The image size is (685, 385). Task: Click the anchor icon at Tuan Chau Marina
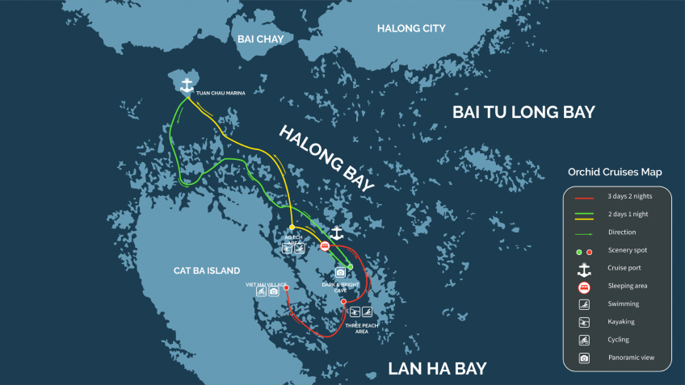187,85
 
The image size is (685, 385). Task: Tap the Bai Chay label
256,39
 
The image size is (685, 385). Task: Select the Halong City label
411,29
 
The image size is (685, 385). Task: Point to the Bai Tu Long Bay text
523,111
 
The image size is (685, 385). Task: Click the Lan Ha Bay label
437,369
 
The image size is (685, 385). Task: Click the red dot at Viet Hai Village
287,287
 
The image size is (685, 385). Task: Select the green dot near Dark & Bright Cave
350,266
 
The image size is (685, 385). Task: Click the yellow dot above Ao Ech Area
292,227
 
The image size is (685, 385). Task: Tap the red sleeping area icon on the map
325,246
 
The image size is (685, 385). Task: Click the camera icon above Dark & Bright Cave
340,273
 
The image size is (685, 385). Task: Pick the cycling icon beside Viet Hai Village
262,291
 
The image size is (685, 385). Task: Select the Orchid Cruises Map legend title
615,172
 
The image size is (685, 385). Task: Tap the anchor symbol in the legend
584,268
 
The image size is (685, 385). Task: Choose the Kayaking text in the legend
621,321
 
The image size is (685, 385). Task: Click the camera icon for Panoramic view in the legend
584,357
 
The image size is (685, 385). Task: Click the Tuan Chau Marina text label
220,93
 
